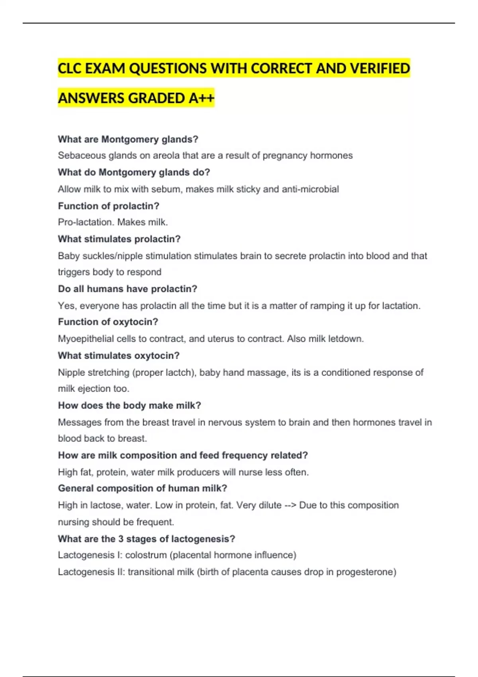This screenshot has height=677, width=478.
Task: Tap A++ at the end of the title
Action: coord(201,98)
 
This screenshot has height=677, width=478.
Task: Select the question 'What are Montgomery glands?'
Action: coord(128,139)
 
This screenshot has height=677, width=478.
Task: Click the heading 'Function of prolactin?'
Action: coord(108,206)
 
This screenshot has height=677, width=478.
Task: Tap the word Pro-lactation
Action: coord(86,222)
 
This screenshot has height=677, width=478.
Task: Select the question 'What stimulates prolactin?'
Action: coord(119,239)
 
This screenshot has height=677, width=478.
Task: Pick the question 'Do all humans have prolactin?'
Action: coord(127,289)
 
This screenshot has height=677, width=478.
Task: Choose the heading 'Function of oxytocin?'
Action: coord(108,322)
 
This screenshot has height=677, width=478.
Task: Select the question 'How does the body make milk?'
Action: coord(129,405)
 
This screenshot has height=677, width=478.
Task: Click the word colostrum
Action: coord(146,555)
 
